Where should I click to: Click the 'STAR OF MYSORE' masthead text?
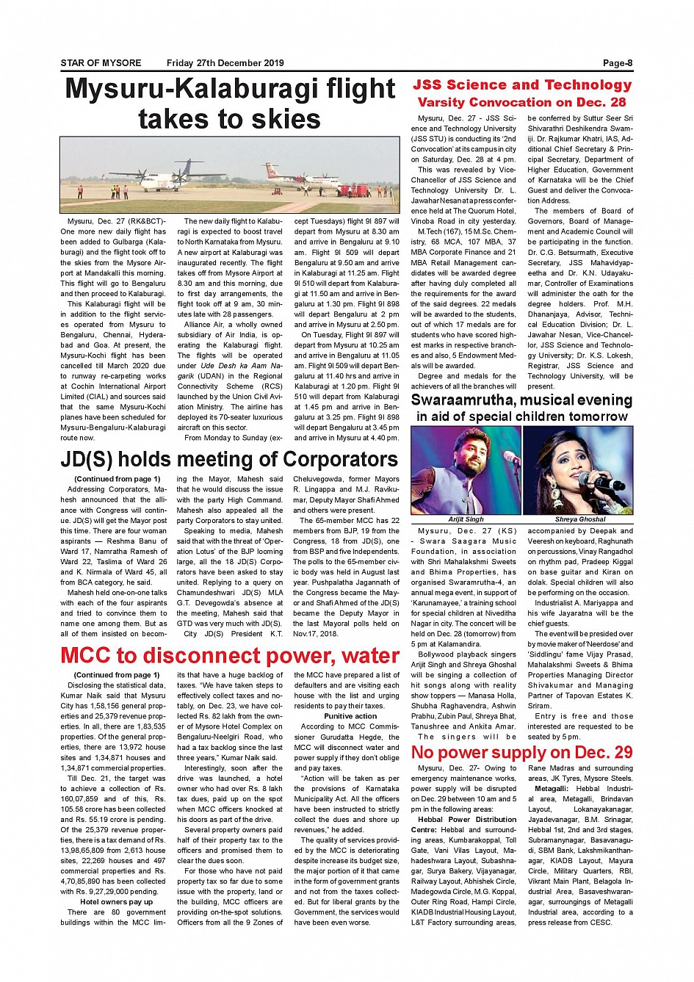tap(101, 63)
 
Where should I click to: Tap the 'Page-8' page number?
tap(618, 63)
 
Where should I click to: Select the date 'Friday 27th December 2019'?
tap(225, 63)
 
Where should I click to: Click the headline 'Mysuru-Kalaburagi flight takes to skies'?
tap(230, 104)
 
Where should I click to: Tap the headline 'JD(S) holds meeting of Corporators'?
tap(229, 460)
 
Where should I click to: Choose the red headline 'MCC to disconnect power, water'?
tap(230, 655)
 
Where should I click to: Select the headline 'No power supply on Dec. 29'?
tap(521, 753)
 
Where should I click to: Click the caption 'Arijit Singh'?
tap(466, 519)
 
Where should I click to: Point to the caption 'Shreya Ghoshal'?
tap(579, 519)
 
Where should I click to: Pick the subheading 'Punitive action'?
tap(350, 716)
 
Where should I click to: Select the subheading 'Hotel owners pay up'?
tap(116, 902)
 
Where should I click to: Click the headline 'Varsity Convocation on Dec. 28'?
tap(521, 102)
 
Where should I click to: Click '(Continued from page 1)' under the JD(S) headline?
tap(117, 479)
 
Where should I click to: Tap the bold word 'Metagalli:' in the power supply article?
tap(554, 788)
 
